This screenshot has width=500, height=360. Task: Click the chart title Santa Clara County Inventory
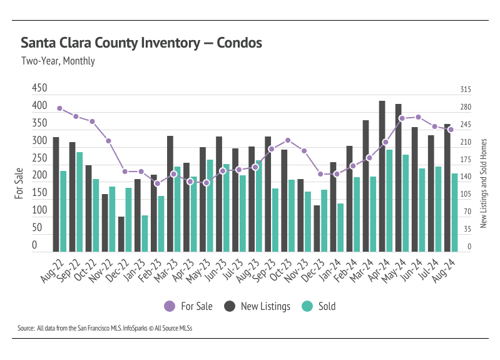point(141,43)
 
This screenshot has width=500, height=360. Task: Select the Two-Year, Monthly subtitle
point(58,61)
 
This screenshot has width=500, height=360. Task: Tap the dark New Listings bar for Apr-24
point(382,176)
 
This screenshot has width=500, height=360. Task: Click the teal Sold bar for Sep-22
point(79,202)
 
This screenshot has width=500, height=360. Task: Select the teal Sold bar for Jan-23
point(145,234)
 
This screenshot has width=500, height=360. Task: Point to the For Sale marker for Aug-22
point(59,108)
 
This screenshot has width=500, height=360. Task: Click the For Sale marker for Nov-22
point(108,141)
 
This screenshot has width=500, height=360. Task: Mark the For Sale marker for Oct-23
point(288,140)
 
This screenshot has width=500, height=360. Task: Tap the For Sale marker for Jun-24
point(418,117)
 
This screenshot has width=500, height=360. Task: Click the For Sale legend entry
point(188,306)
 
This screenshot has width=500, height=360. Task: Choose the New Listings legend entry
point(258,306)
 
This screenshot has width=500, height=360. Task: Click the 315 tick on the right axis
point(466,90)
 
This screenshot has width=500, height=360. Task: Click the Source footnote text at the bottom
point(105,327)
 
